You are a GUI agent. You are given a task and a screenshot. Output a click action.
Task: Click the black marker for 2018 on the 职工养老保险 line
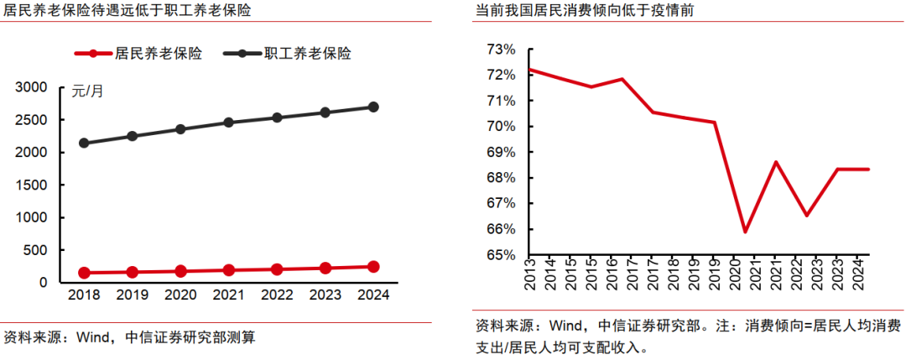tap(84, 143)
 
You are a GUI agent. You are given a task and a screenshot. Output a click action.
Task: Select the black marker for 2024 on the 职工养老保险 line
tap(373, 107)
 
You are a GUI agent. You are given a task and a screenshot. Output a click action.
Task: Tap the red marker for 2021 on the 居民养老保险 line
tap(229, 270)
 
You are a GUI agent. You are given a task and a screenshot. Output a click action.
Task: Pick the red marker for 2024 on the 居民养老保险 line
tap(373, 267)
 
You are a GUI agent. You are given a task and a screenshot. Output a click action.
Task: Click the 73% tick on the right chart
tap(501, 50)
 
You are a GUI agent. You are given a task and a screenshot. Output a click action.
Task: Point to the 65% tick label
tap(501, 255)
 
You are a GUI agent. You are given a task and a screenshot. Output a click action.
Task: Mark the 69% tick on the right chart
tap(501, 153)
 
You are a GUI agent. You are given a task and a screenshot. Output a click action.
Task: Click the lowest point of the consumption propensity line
tap(745, 232)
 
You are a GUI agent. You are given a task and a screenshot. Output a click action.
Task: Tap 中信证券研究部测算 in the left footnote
tap(190, 338)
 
